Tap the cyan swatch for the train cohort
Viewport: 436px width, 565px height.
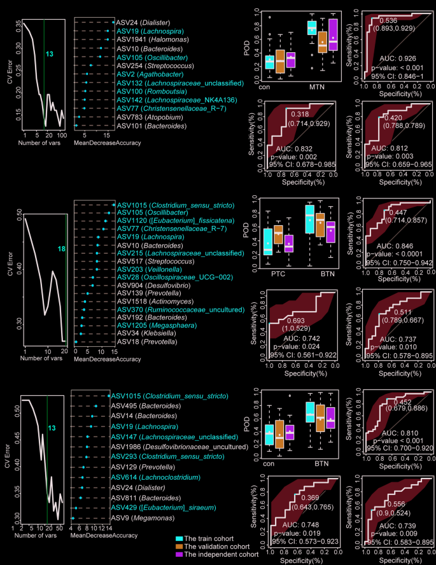tap(180, 538)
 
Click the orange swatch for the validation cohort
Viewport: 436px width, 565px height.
tap(180, 547)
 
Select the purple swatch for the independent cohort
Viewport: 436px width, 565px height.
tap(180, 555)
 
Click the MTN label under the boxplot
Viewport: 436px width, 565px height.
tap(317, 85)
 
